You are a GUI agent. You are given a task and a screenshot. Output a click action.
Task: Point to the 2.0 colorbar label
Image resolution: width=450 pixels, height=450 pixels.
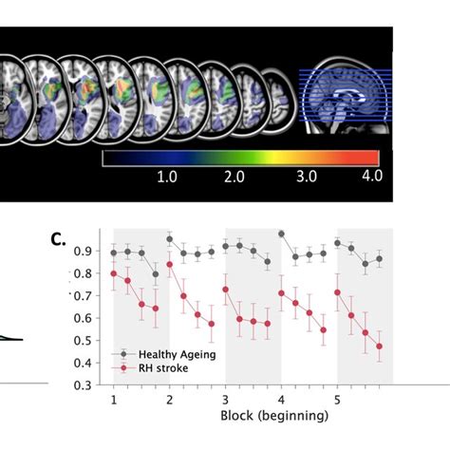click(x=235, y=177)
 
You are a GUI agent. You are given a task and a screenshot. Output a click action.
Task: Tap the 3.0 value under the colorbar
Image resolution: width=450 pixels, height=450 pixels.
click(x=306, y=177)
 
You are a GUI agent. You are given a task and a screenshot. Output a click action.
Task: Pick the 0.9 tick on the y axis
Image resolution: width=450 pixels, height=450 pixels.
click(x=94, y=252)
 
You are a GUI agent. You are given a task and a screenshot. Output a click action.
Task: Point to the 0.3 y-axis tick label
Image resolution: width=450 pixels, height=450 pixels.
click(x=94, y=386)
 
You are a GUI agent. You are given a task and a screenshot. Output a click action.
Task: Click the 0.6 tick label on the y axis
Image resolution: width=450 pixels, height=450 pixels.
click(x=94, y=319)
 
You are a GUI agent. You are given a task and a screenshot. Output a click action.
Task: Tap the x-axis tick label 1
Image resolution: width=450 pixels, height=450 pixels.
click(x=114, y=399)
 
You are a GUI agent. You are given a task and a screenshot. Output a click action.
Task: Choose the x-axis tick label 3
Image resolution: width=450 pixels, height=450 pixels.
click(x=225, y=399)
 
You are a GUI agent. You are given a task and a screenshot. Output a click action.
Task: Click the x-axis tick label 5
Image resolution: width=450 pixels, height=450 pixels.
click(x=337, y=399)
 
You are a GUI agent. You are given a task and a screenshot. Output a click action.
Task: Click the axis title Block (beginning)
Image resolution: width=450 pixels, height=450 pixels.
click(x=275, y=416)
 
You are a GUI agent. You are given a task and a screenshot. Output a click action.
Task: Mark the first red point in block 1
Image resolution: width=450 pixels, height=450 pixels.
click(x=114, y=274)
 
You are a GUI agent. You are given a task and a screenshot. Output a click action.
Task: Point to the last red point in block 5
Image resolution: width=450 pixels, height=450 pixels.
click(x=380, y=347)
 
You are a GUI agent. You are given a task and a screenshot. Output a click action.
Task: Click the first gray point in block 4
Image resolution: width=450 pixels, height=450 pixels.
click(x=282, y=234)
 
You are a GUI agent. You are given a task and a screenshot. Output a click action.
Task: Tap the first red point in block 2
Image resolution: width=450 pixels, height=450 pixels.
click(x=170, y=265)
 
